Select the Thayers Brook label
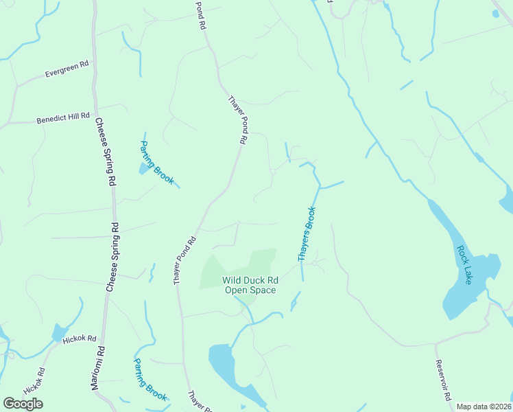pyautogui.click(x=307, y=233)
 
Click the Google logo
pyautogui.click(x=23, y=404)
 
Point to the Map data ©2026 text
pyautogui.click(x=484, y=407)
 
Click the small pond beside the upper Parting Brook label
pyautogui.click(x=144, y=168)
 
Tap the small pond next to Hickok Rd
pyautogui.click(x=60, y=334)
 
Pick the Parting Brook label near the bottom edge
pyautogui.click(x=150, y=379)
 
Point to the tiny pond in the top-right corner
pyautogui.click(x=495, y=12)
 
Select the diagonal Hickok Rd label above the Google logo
pyautogui.click(x=34, y=381)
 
